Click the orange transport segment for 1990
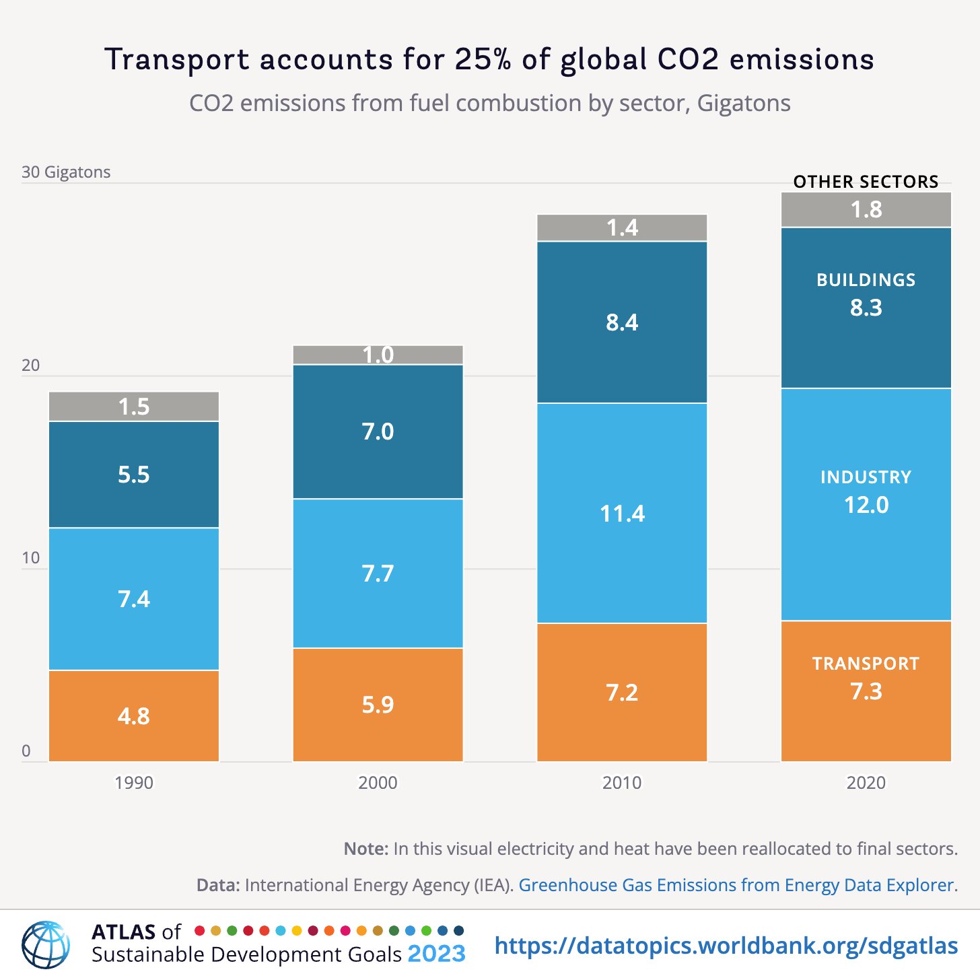(x=134, y=715)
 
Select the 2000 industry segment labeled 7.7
(x=378, y=573)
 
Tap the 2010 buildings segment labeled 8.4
(x=621, y=322)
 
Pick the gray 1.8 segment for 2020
(x=866, y=210)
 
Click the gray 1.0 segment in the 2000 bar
(x=378, y=355)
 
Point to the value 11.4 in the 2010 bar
(x=621, y=514)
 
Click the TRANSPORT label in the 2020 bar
(x=866, y=664)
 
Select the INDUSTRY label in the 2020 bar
(x=866, y=477)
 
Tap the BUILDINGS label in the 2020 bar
(x=866, y=280)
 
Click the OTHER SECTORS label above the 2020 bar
(x=866, y=182)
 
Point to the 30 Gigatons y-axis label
(x=66, y=172)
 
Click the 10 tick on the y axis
(x=31, y=558)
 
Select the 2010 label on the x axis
(x=621, y=783)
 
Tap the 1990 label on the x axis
(x=134, y=783)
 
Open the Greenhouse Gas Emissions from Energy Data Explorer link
(x=736, y=885)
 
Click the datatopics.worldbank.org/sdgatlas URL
(x=726, y=946)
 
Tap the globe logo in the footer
(x=46, y=944)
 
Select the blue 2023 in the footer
(x=436, y=954)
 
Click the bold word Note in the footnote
(x=365, y=849)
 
